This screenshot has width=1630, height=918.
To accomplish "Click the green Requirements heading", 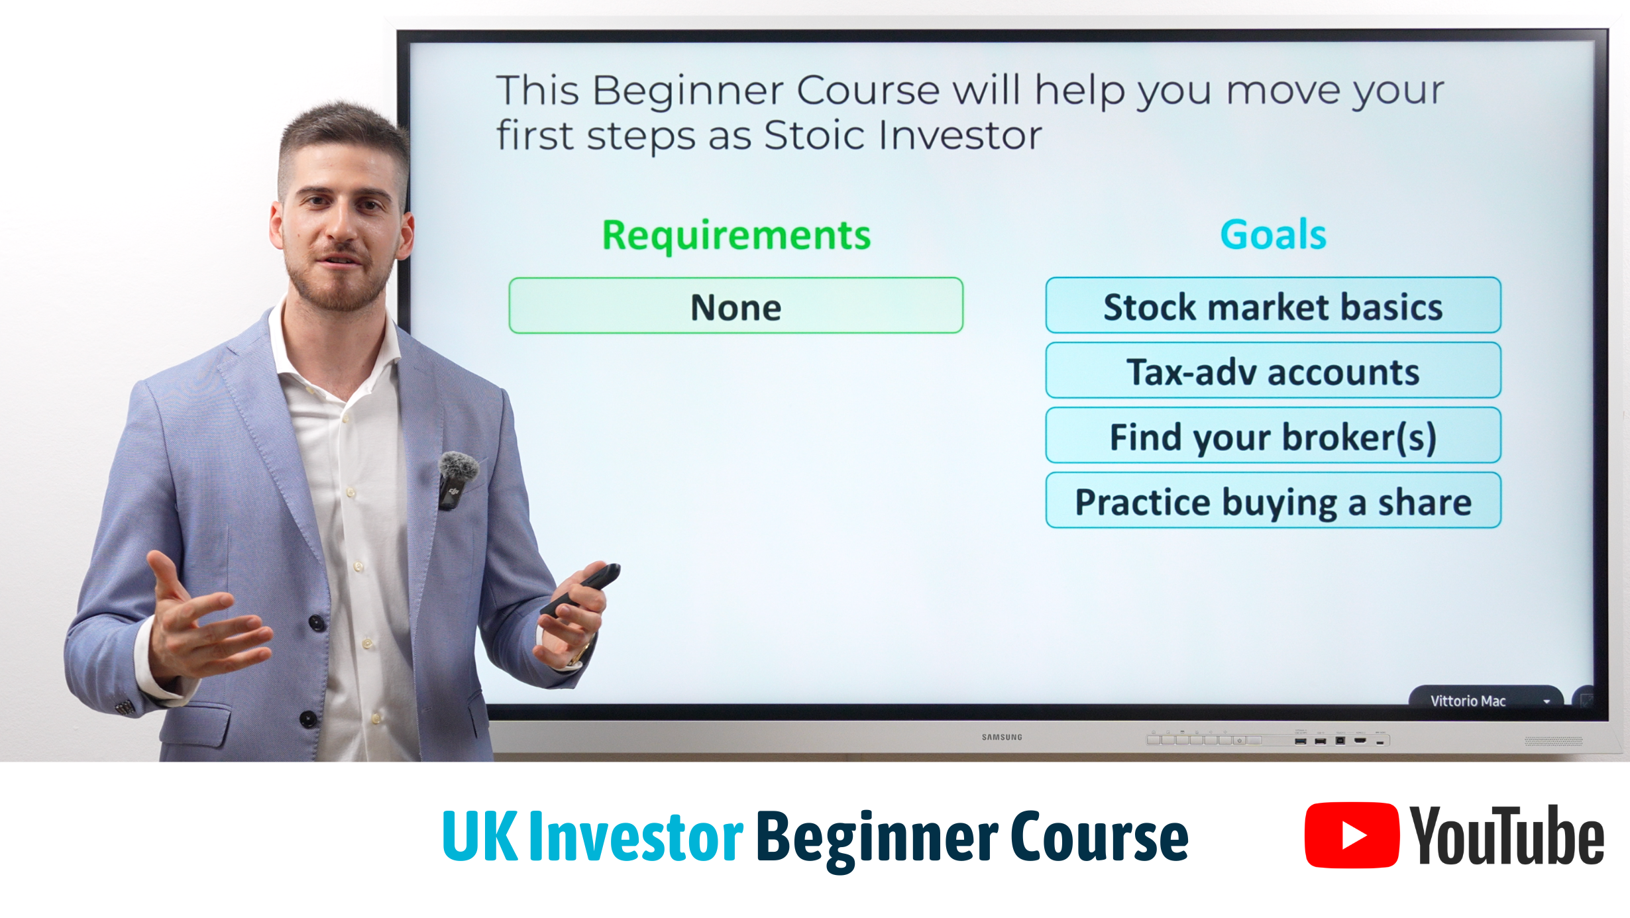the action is point(736,235).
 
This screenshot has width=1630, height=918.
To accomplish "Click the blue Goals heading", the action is point(1273,234).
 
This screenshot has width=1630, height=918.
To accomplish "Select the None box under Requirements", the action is point(735,305).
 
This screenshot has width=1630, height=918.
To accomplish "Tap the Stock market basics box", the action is point(1273,305).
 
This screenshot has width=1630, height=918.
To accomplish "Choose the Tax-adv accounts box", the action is point(1273,370).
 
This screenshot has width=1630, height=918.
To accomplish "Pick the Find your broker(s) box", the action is point(1273,435).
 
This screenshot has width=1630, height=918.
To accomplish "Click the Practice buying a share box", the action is point(1273,500).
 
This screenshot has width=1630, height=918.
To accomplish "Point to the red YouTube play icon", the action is point(1352,835).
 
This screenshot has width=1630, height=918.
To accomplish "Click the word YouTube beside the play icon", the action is point(1506,835).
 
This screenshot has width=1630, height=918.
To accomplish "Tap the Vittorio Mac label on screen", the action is point(1468,701).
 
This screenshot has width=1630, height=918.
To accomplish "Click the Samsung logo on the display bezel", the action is point(1002,737).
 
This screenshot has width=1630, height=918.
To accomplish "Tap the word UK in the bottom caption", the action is point(480,837).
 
